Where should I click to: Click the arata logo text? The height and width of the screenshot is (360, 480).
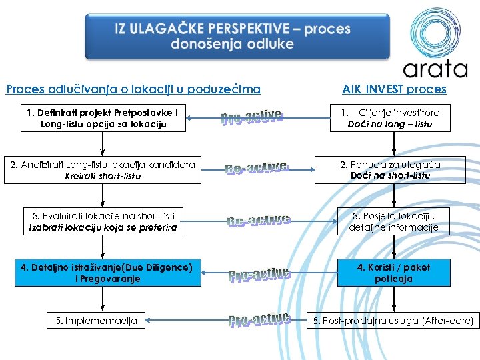(435, 68)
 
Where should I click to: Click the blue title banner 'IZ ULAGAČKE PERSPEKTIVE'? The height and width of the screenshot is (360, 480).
(233, 37)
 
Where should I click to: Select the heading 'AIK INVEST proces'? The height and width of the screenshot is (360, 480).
(394, 89)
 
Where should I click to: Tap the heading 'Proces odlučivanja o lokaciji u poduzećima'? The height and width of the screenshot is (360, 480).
(133, 89)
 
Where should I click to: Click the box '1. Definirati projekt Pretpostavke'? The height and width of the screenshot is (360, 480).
(102, 118)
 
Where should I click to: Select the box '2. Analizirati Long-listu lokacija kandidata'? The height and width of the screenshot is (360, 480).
(102, 170)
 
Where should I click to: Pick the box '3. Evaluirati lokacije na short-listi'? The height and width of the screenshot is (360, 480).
(103, 221)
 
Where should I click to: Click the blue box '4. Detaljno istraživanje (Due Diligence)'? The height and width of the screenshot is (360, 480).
(107, 273)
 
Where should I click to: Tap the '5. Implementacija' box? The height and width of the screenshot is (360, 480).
(96, 321)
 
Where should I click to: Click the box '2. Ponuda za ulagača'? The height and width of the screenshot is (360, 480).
(390, 170)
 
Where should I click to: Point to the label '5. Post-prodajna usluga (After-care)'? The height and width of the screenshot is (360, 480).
(393, 321)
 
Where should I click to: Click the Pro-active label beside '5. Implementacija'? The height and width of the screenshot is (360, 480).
(259, 320)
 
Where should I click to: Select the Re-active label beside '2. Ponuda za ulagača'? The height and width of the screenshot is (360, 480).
(257, 168)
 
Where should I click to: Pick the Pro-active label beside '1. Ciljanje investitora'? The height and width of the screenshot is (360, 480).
(253, 118)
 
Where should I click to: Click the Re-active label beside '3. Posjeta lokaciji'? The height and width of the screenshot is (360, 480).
(259, 220)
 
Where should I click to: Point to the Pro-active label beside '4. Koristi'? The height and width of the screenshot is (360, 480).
(259, 274)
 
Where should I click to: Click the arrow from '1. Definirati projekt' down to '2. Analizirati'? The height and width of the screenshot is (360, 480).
(102, 144)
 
